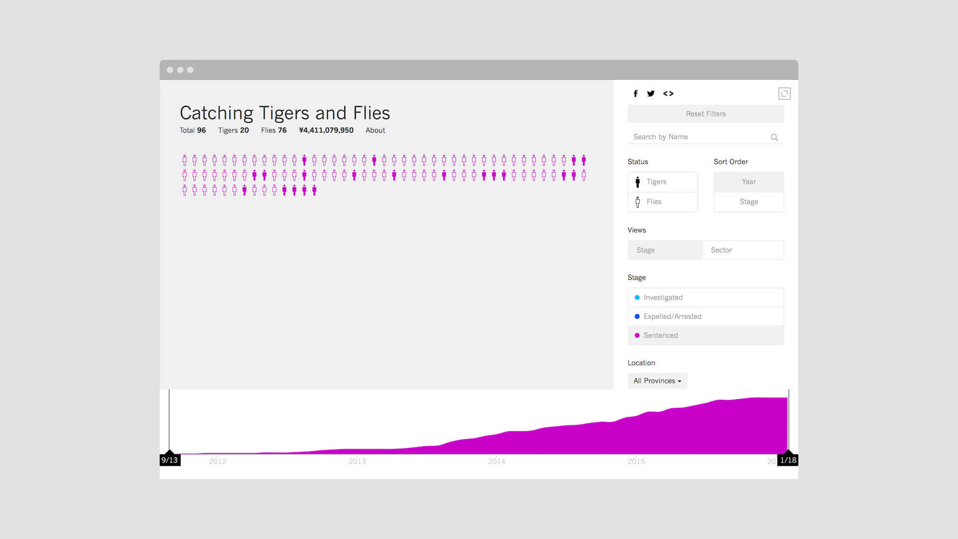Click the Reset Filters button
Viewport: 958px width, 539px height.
point(706,114)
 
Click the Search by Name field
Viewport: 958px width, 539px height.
point(699,137)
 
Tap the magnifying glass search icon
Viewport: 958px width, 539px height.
point(774,137)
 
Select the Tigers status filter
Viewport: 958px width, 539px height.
point(663,182)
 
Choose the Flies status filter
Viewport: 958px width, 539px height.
point(663,202)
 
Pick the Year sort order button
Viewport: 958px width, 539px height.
point(748,182)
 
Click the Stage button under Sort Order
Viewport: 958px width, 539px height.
point(748,202)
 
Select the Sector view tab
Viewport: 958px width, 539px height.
point(743,250)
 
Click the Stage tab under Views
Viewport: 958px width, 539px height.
point(665,250)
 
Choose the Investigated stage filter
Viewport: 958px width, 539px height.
point(706,297)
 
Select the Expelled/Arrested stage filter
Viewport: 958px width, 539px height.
point(706,316)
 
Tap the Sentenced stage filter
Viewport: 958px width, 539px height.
point(706,335)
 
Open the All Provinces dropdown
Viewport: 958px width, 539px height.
point(657,381)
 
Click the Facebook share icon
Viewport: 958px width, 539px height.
point(635,93)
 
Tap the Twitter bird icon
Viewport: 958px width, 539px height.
point(651,93)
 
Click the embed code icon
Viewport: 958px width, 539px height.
point(668,93)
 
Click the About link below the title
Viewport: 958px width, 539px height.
point(375,130)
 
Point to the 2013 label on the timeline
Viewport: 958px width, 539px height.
point(357,461)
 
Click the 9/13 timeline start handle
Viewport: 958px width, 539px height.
point(170,459)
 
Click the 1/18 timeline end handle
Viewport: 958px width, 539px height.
point(788,459)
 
